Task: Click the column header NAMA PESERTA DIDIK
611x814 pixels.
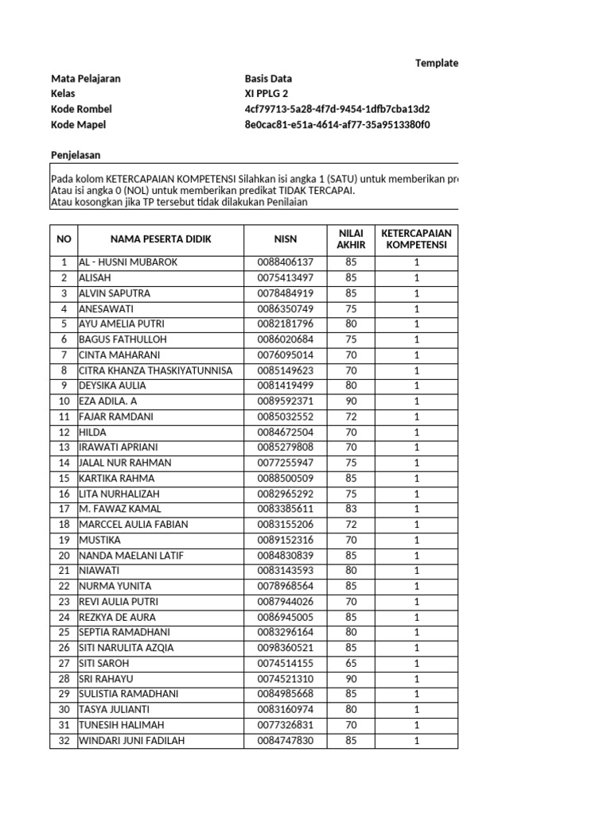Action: click(161, 239)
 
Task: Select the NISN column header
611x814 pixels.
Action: click(285, 239)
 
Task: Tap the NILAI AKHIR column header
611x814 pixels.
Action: click(351, 239)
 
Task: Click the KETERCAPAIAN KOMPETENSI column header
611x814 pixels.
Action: click(416, 239)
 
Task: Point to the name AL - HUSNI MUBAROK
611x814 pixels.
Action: click(128, 262)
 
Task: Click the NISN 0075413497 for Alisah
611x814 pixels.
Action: click(285, 277)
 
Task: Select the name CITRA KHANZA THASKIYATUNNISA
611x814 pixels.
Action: click(155, 370)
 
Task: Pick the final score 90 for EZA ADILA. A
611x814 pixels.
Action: click(351, 401)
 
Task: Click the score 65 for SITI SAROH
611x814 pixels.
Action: click(351, 663)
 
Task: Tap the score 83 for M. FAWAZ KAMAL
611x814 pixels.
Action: click(351, 509)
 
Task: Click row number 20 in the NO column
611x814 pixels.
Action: click(64, 556)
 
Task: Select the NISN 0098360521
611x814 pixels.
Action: click(285, 648)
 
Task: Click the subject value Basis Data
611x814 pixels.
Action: click(268, 79)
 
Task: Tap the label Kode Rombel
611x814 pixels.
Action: click(81, 109)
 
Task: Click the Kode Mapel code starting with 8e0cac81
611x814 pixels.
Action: click(337, 125)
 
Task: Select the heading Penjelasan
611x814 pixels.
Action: click(76, 155)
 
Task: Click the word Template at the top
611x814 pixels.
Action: click(437, 64)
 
